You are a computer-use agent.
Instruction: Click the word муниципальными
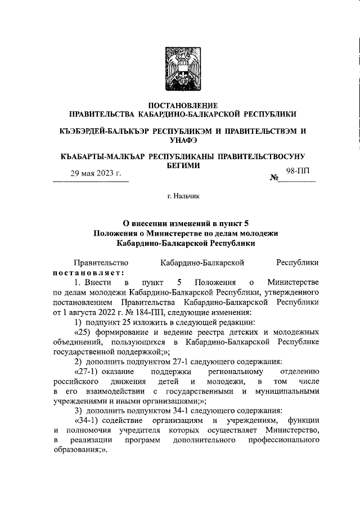pyautogui.click(x=286, y=392)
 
